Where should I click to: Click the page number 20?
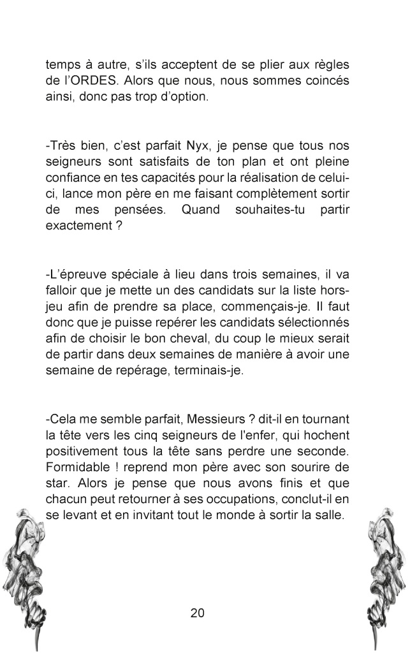(197, 613)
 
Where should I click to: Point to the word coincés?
(324, 81)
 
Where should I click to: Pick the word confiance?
(71, 180)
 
